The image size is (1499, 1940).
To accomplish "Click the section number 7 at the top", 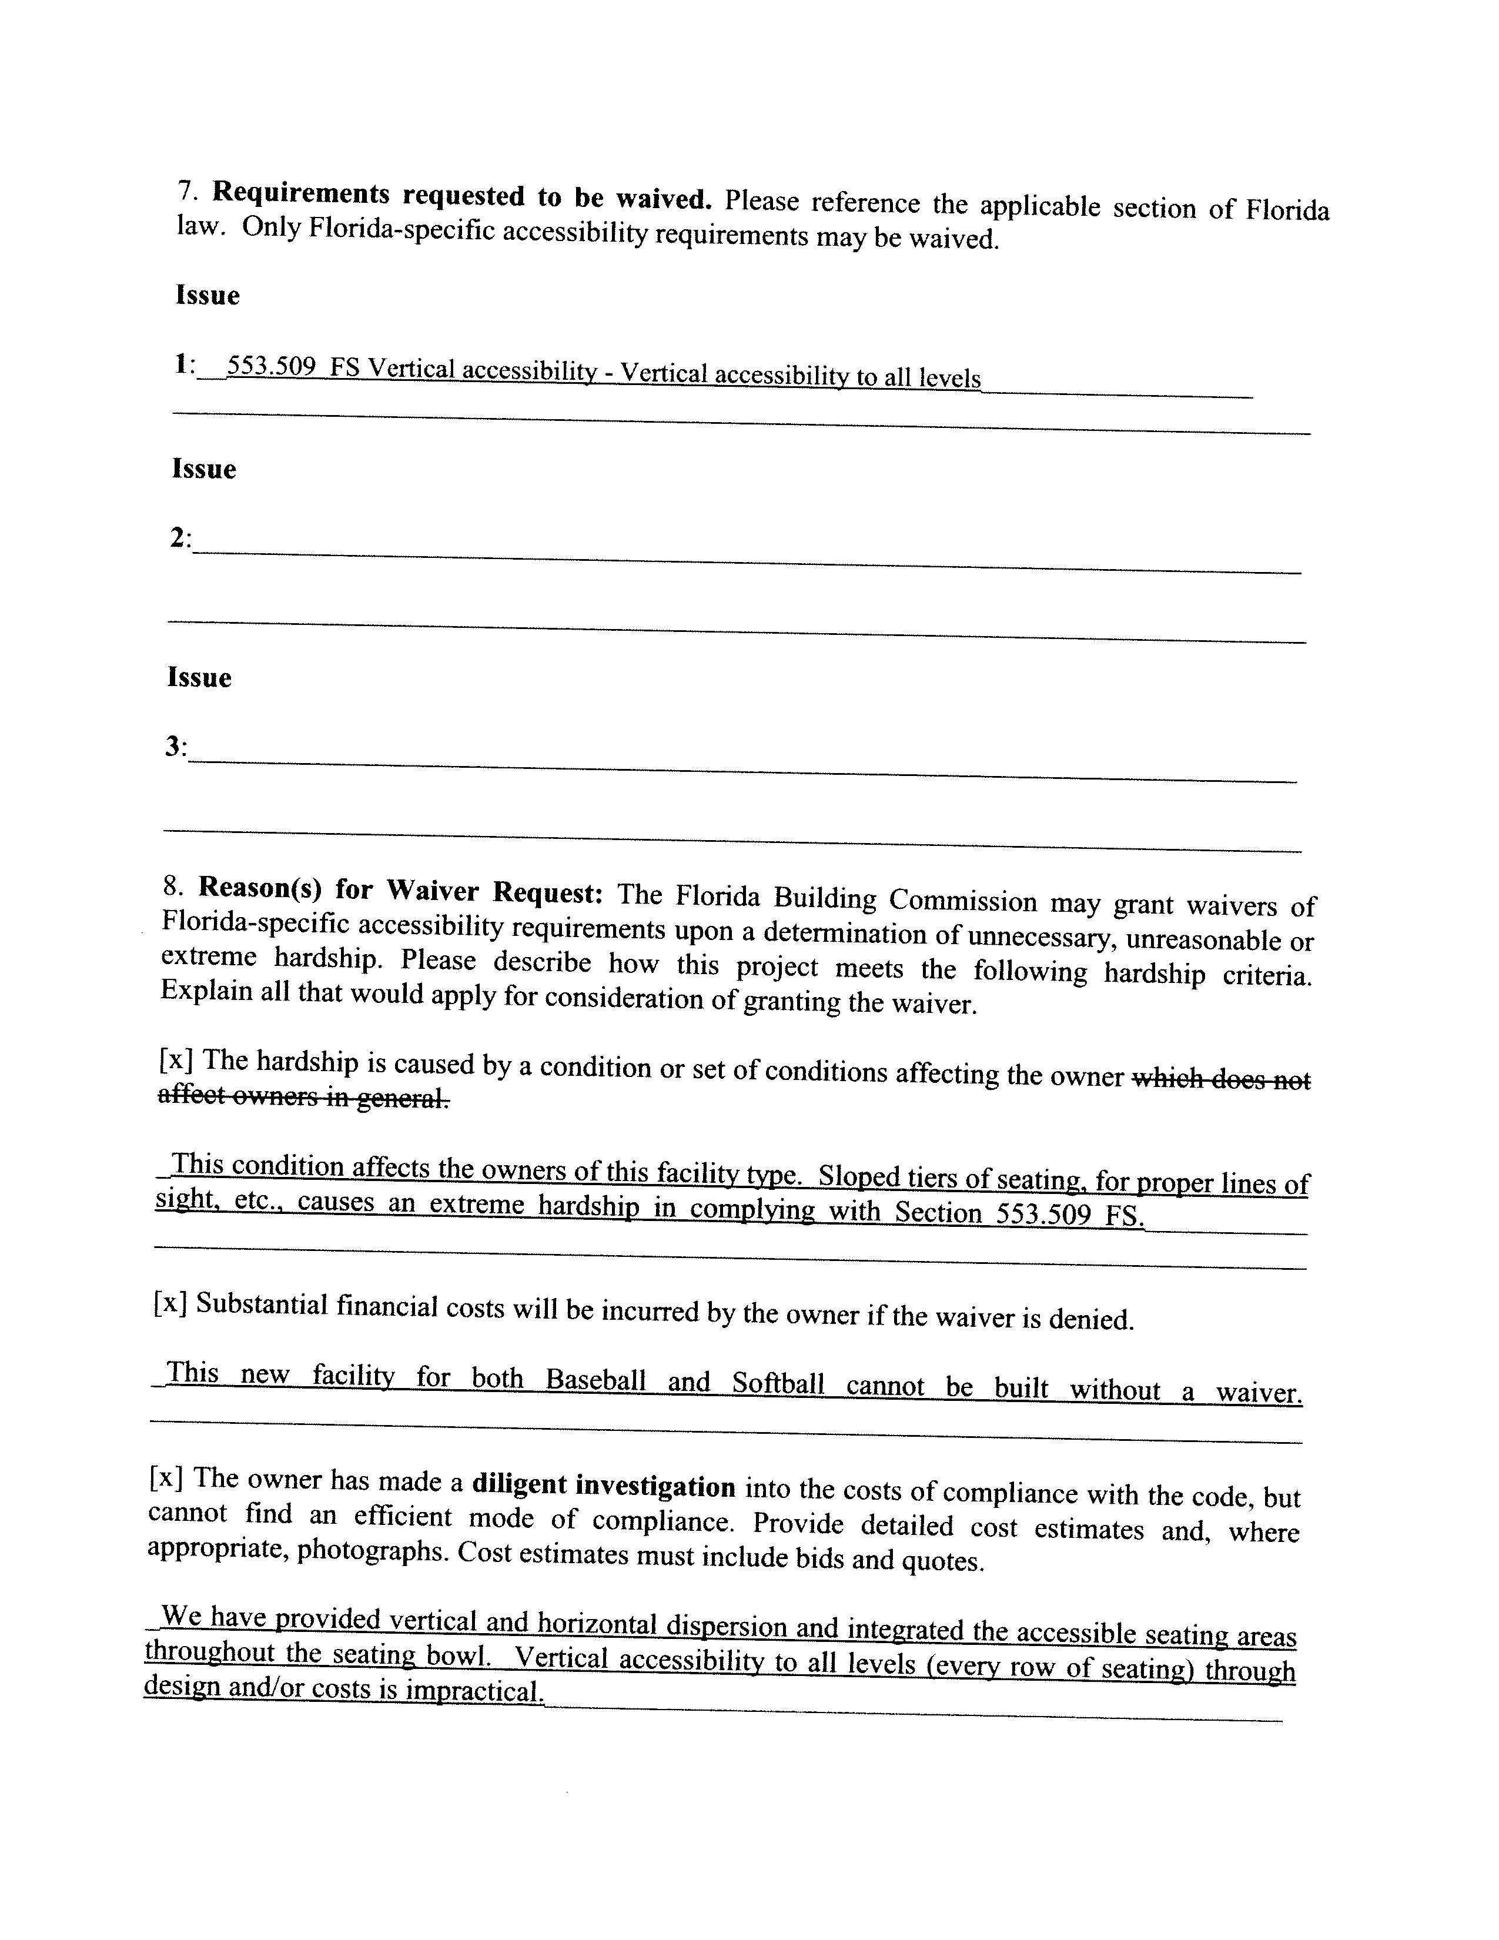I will [185, 190].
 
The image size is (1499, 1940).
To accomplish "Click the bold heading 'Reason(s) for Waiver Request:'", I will [400, 890].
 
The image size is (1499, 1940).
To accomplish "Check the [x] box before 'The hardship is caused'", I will [176, 1059].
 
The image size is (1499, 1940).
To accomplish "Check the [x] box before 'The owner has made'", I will [166, 1477].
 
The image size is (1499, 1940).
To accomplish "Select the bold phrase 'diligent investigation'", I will [603, 1484].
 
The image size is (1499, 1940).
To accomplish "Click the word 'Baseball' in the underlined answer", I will [595, 1380].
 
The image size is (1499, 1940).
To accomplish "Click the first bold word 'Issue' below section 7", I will [207, 295].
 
